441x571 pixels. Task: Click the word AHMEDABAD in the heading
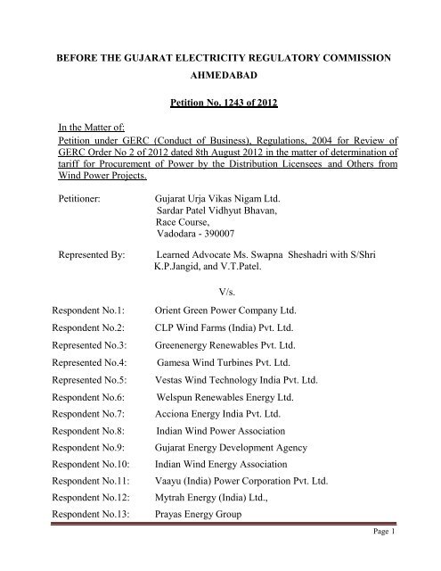[x=219, y=76]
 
